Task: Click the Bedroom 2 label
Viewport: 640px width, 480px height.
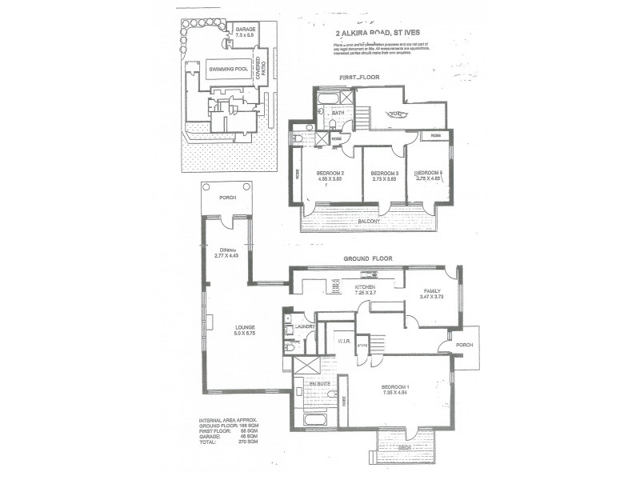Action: pos(330,174)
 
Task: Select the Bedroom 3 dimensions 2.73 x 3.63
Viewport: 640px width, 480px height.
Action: pos(385,180)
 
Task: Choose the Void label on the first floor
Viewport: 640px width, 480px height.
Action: pos(395,114)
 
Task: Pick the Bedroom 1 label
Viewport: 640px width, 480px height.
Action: pos(400,386)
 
